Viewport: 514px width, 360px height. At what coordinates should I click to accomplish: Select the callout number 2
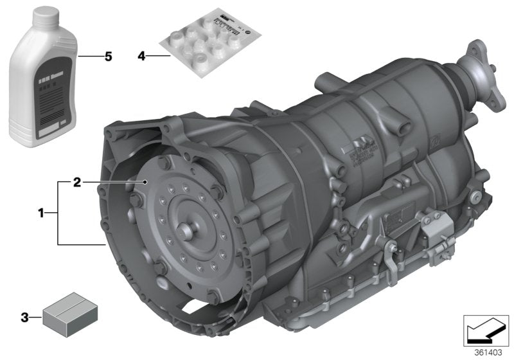point(76,183)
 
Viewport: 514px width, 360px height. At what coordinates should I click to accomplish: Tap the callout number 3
point(25,316)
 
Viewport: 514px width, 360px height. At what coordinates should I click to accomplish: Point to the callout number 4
point(142,57)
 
